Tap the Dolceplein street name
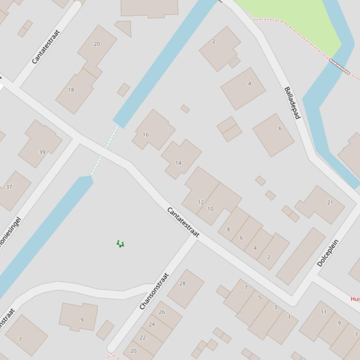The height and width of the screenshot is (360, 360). (x=328, y=253)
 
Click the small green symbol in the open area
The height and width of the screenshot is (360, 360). (x=120, y=244)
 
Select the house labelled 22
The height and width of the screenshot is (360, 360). (x=143, y=338)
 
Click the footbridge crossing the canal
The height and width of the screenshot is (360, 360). (x=339, y=66)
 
